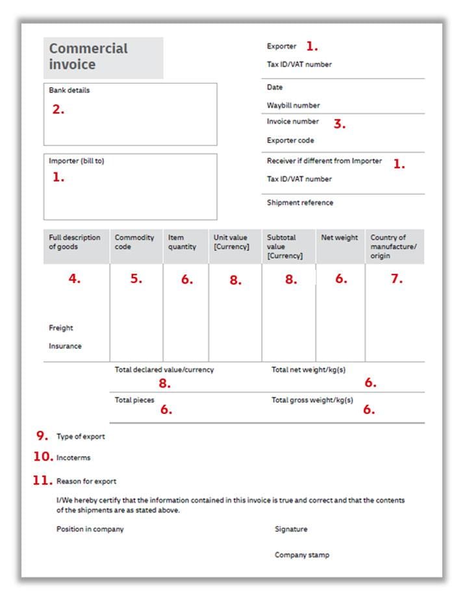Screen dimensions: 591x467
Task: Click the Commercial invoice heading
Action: point(88,56)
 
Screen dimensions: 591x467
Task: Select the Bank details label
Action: point(69,90)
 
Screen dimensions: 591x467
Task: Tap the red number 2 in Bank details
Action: point(58,110)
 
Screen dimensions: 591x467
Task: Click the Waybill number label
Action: point(293,105)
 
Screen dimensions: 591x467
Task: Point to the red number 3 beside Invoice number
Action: point(339,124)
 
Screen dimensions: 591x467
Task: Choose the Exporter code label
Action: point(290,140)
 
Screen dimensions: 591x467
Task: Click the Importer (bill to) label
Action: point(76,161)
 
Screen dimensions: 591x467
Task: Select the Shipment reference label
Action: point(299,202)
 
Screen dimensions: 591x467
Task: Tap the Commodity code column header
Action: point(134,242)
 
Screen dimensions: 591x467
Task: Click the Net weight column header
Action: point(339,237)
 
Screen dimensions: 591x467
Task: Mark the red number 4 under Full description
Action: point(75,280)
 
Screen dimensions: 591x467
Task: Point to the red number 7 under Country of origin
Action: point(396,280)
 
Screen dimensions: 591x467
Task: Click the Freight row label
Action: point(61,328)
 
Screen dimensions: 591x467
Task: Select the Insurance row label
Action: point(65,346)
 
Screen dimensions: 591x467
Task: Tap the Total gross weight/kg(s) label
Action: point(312,400)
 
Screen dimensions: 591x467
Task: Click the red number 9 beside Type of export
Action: point(42,435)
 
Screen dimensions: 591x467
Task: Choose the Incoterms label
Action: point(73,458)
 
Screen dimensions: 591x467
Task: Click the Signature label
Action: point(291,529)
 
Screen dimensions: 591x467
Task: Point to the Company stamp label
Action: point(301,555)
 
